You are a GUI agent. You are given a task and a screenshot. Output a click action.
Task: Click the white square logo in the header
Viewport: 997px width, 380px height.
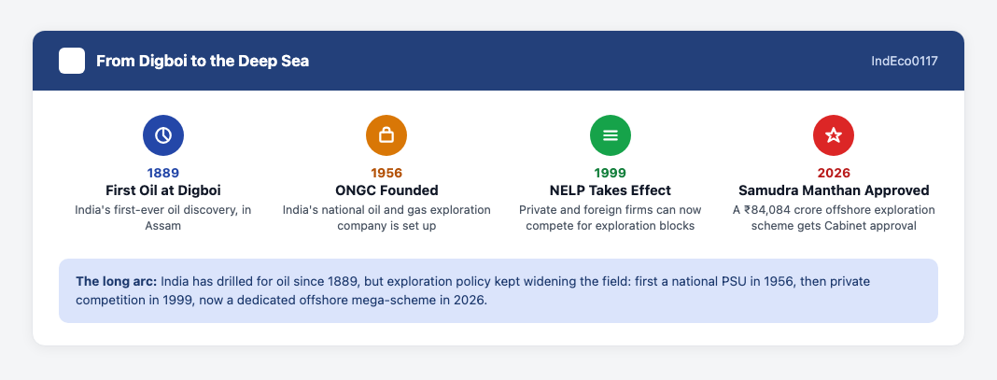point(72,61)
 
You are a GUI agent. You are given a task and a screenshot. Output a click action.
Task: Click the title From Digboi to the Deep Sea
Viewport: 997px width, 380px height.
point(203,61)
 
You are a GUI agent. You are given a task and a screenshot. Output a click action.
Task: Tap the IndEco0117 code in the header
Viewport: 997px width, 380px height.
point(905,61)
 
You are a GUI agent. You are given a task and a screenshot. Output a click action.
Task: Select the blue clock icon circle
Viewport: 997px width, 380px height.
point(163,135)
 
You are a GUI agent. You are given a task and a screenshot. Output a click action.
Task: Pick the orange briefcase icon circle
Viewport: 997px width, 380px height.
point(386,135)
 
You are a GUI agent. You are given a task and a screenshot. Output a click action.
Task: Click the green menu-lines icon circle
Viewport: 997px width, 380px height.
point(611,135)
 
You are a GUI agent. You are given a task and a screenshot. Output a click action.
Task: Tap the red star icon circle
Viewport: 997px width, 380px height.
point(834,135)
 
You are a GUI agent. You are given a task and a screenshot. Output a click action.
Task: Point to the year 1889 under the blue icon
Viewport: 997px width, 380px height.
point(163,173)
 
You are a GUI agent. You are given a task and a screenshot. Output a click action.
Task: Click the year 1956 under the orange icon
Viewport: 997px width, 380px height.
point(386,173)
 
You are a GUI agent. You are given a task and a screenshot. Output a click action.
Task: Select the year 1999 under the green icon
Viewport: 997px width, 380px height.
point(611,173)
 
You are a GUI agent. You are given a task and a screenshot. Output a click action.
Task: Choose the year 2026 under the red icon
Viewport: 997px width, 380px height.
point(834,173)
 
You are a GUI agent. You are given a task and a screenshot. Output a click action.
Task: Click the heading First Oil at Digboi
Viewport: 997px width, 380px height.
point(163,190)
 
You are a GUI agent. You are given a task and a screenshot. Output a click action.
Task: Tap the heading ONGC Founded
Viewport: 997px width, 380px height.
point(386,190)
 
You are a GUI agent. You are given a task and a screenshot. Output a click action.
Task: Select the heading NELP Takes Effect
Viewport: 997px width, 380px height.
point(611,190)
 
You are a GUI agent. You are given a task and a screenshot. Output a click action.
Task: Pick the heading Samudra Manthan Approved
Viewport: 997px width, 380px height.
point(834,190)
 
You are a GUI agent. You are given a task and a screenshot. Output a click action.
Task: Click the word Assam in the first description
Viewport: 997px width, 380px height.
point(163,226)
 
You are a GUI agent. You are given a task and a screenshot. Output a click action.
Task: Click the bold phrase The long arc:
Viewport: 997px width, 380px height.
point(117,282)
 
